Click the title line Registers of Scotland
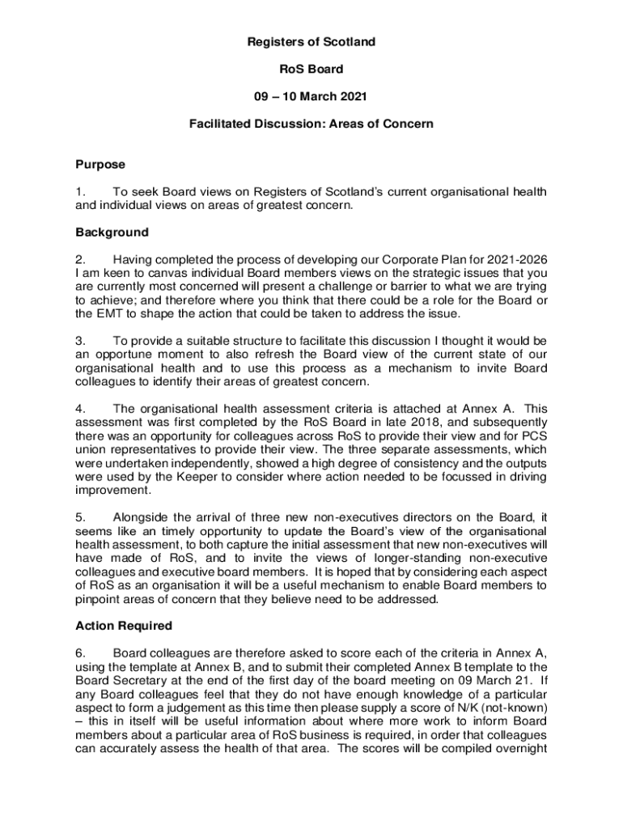click(311, 41)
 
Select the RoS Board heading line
click(311, 69)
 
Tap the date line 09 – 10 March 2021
click(311, 96)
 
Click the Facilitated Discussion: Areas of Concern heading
click(311, 124)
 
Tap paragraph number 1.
click(79, 192)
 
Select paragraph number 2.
click(79, 260)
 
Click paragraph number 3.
click(79, 341)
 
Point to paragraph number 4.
click(79, 409)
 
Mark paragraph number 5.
click(79, 516)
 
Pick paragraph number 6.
click(79, 653)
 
